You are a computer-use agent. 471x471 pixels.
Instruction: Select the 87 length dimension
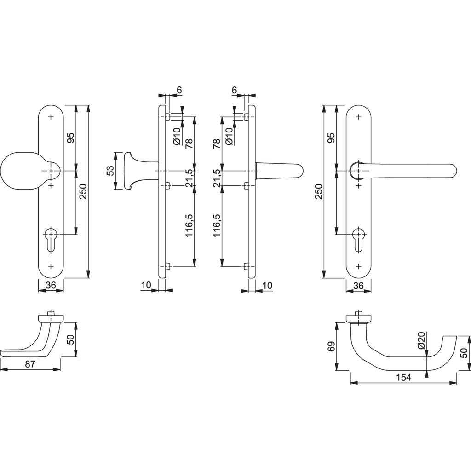[30, 364]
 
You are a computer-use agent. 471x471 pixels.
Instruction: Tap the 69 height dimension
[330, 346]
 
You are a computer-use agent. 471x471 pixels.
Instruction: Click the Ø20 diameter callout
[421, 340]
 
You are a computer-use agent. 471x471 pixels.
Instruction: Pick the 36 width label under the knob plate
[51, 285]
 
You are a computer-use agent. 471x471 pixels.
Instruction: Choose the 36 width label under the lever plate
[359, 285]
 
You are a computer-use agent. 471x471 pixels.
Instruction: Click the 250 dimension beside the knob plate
[83, 191]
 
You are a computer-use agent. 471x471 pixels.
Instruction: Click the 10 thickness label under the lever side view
[267, 285]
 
